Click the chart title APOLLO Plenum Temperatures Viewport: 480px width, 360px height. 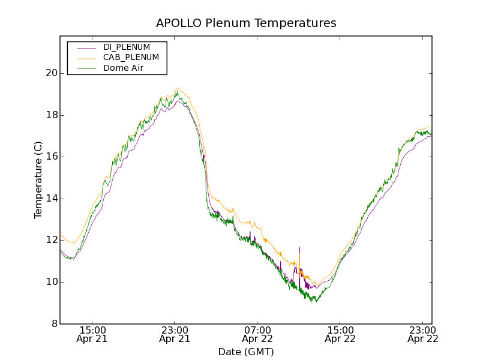(246, 23)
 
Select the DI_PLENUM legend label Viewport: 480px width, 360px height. (127, 47)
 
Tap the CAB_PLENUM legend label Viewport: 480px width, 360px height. (131, 58)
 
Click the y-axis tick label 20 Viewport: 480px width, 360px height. (51, 73)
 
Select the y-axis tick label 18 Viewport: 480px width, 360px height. (51, 115)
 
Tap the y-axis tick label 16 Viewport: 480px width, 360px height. (51, 157)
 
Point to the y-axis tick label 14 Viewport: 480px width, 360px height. (51, 199)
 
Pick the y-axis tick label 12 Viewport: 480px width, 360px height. (51, 240)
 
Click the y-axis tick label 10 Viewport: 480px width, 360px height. (51, 282)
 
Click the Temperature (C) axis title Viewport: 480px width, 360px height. (38, 180)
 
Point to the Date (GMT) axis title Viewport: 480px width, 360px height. (246, 352)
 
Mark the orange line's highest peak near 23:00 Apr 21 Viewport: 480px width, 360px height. (178, 88)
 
